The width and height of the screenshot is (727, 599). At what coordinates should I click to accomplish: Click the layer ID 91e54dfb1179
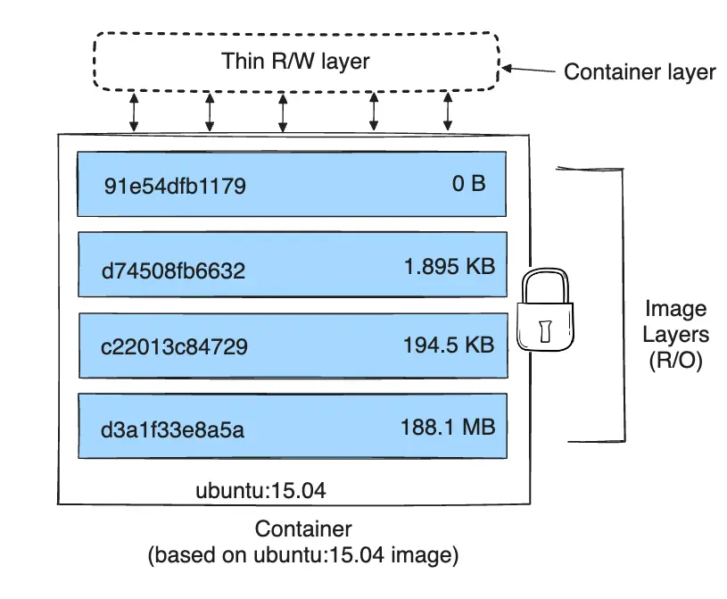[175, 187]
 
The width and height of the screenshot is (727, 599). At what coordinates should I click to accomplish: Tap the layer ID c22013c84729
[175, 346]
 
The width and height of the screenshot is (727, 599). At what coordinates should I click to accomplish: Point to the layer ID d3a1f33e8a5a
[173, 428]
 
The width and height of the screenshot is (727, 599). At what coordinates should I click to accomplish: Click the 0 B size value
[467, 185]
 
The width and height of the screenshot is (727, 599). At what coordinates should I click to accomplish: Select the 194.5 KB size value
[449, 345]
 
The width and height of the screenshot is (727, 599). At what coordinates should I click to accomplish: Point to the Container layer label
[640, 71]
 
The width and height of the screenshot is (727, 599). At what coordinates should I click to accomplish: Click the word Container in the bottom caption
[303, 528]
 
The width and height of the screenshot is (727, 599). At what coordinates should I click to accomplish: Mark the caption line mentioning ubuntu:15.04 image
[303, 555]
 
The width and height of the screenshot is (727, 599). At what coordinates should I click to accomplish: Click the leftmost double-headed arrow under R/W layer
[134, 112]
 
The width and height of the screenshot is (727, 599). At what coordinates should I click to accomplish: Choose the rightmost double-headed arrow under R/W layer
[447, 112]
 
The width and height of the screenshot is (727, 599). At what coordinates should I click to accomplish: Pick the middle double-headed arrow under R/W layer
[283, 112]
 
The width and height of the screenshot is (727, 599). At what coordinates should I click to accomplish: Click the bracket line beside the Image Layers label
[621, 304]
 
